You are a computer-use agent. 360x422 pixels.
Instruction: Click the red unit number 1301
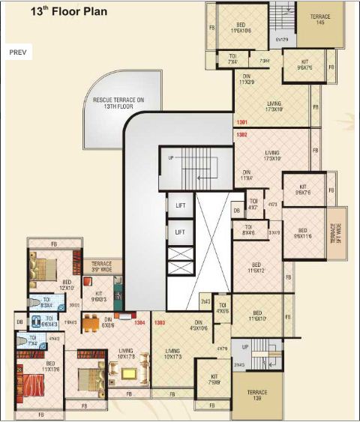pyautogui.click(x=241, y=122)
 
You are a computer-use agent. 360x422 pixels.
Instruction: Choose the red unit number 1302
pyautogui.click(x=241, y=135)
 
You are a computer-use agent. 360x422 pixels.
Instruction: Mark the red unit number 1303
pyautogui.click(x=159, y=323)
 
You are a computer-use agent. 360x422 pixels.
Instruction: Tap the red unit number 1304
pyautogui.click(x=139, y=323)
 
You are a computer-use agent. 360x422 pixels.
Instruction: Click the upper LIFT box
pyautogui.click(x=180, y=205)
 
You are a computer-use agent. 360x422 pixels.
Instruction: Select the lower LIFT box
pyautogui.click(x=180, y=233)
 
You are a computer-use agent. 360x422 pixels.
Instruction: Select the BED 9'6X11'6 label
pyautogui.click(x=302, y=233)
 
